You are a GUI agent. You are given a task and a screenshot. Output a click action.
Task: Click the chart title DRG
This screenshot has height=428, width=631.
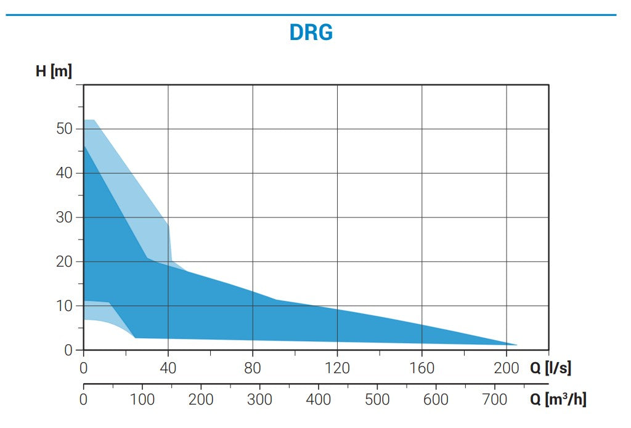click(311, 32)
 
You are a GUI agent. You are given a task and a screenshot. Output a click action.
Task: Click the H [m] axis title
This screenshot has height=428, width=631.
click(54, 71)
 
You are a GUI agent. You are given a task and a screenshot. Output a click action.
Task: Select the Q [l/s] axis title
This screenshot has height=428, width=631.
click(550, 368)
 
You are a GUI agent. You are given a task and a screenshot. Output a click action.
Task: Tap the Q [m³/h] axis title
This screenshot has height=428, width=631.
click(558, 400)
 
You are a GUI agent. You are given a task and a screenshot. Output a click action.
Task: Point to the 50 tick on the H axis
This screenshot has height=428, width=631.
click(65, 129)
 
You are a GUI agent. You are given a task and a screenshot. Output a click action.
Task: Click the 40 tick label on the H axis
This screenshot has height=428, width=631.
click(65, 173)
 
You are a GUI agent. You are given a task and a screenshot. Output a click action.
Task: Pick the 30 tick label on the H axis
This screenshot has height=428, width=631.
click(65, 217)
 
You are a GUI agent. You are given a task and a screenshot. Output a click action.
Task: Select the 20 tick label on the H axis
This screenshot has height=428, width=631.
click(65, 262)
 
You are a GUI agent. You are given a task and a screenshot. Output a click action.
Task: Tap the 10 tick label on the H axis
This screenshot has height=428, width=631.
click(65, 306)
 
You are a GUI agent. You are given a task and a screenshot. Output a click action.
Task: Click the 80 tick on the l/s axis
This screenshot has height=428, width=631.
click(253, 368)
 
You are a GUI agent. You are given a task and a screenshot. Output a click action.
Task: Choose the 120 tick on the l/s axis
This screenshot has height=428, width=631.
click(337, 368)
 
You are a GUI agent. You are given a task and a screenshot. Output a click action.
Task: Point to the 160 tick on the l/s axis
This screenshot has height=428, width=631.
click(421, 368)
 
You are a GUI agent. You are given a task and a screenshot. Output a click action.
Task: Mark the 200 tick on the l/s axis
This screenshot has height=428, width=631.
click(506, 368)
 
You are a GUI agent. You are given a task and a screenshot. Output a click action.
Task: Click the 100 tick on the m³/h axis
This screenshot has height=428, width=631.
click(142, 400)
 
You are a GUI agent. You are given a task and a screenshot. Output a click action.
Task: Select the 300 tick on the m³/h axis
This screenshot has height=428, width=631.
click(259, 400)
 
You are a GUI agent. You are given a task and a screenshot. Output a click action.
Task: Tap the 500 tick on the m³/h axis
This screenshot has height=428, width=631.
click(377, 400)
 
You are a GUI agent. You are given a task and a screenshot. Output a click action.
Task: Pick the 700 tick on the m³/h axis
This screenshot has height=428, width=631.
click(495, 400)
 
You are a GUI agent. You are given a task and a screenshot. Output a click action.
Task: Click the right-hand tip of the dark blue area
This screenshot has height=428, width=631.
click(516, 345)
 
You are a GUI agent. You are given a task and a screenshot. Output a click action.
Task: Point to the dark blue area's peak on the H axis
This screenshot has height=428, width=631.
click(84, 145)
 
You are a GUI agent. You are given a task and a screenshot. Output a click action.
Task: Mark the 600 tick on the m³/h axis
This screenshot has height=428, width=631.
click(436, 400)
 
